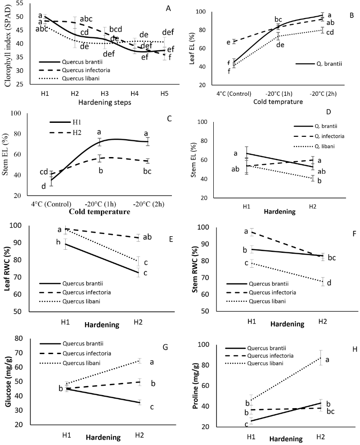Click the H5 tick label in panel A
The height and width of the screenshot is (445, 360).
click(x=164, y=94)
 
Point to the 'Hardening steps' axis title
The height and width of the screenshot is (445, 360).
click(x=105, y=103)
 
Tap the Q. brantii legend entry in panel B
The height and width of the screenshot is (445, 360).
click(x=319, y=63)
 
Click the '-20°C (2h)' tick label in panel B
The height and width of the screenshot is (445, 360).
click(x=323, y=94)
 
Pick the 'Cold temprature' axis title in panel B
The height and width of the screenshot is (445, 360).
click(x=278, y=102)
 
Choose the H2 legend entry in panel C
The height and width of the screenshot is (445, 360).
click(x=66, y=132)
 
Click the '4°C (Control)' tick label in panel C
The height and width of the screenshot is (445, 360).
click(x=51, y=204)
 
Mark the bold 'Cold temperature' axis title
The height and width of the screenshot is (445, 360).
click(x=99, y=212)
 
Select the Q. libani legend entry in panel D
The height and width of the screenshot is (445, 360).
click(x=314, y=146)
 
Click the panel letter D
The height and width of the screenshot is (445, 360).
click(x=328, y=112)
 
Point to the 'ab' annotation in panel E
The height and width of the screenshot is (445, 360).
click(x=147, y=237)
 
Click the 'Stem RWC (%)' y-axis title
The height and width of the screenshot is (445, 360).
click(x=195, y=270)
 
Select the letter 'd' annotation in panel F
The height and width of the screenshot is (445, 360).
click(x=329, y=283)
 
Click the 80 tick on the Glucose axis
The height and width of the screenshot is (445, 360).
click(x=19, y=338)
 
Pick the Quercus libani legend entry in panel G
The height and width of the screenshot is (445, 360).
click(x=70, y=363)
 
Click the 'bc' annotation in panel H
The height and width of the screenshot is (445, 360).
click(x=330, y=411)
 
